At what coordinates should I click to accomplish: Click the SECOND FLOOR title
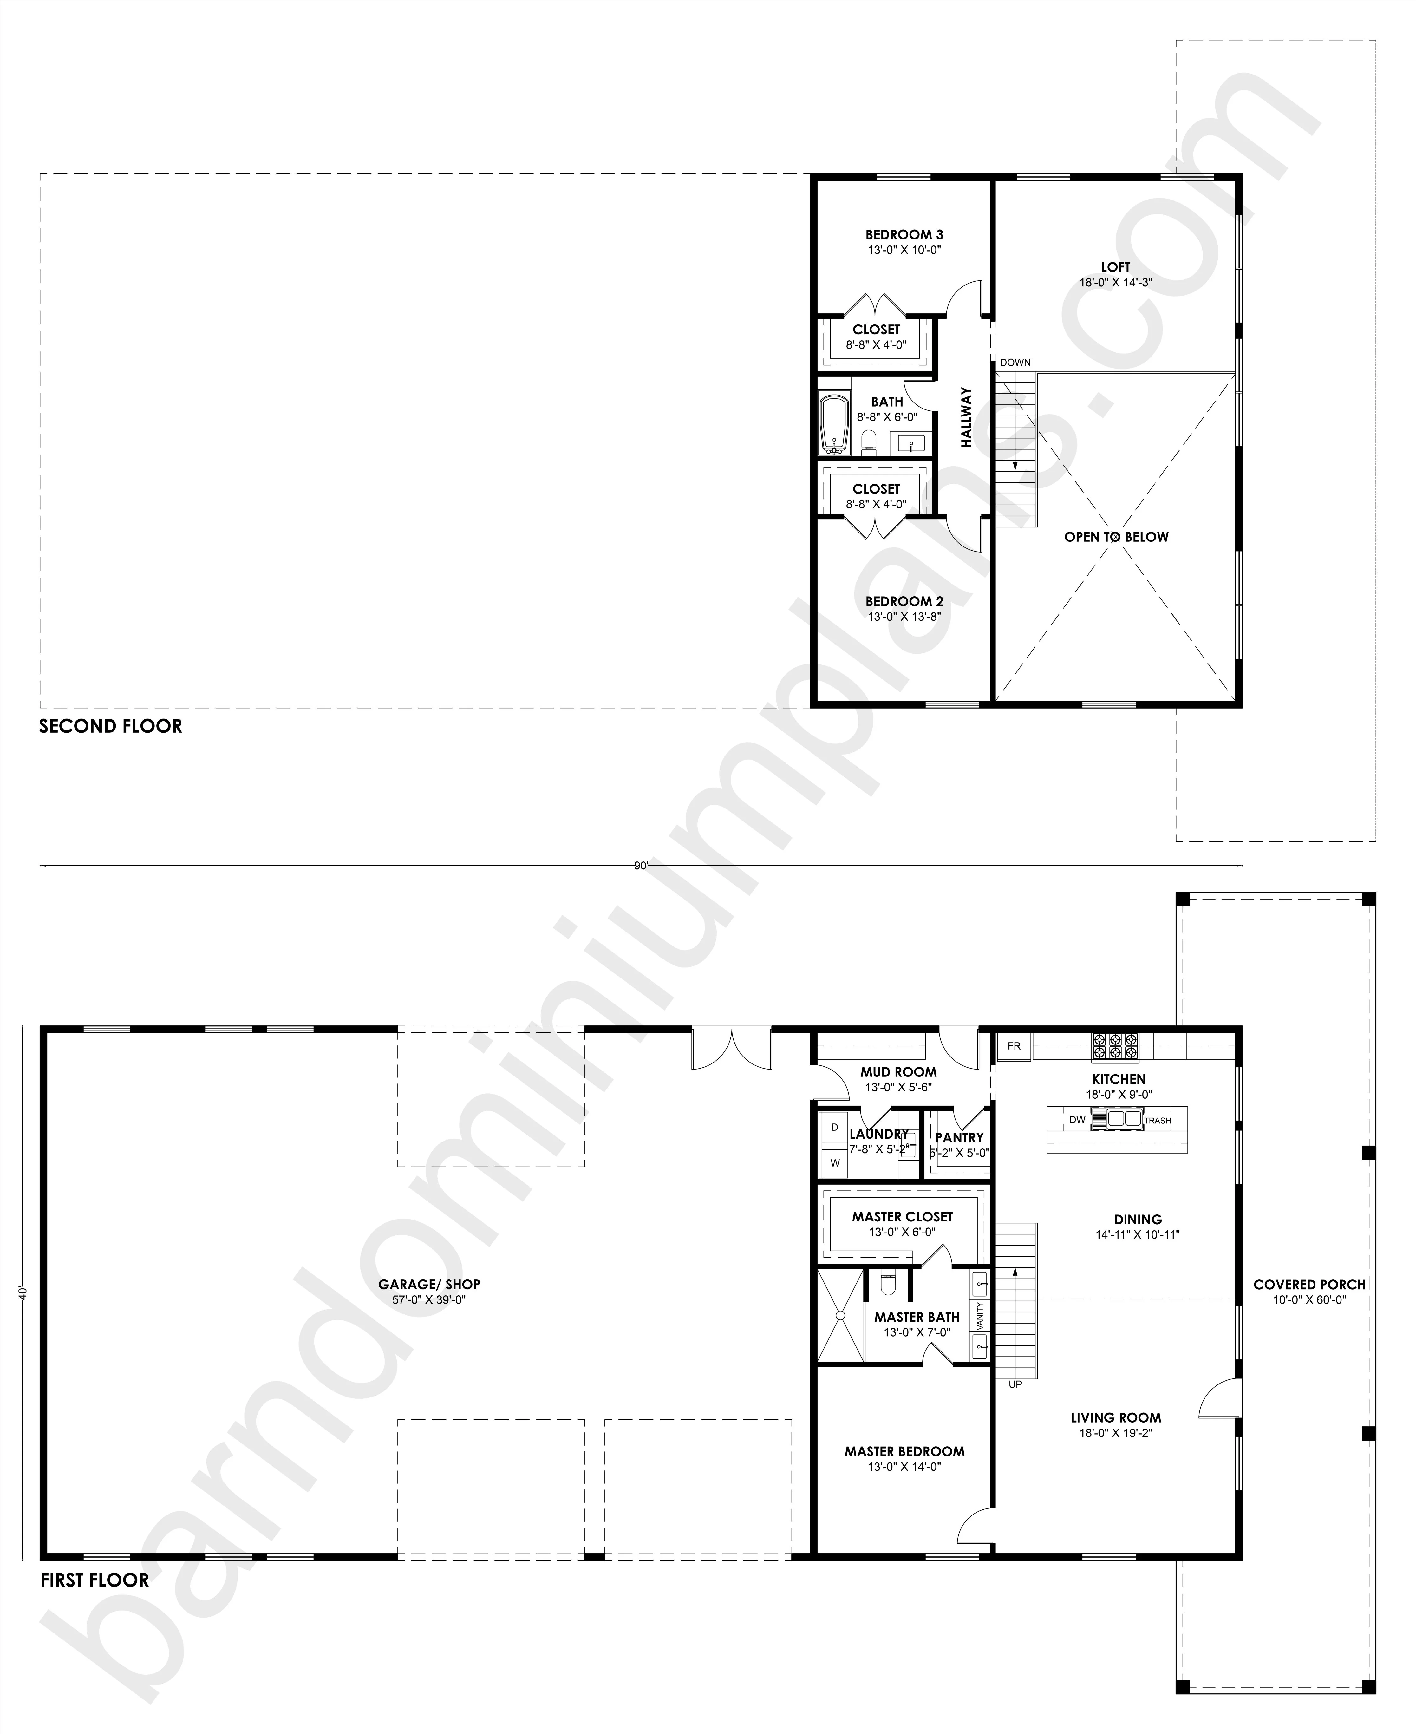[111, 726]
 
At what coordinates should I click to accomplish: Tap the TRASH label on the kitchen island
[1158, 1121]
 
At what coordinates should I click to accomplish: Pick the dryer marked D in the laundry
[834, 1128]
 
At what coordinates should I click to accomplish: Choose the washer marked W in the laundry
[834, 1163]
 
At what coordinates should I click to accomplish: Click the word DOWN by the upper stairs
[1015, 362]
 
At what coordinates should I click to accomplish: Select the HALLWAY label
[967, 418]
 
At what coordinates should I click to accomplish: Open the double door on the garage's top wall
[732, 1050]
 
